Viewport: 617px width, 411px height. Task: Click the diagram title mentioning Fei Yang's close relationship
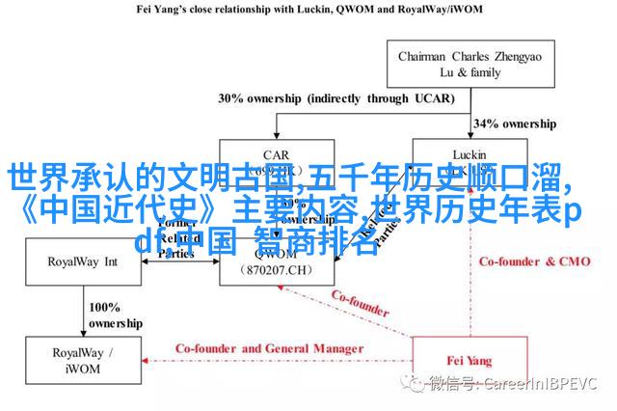tap(308, 11)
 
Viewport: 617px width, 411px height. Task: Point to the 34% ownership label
tap(515, 123)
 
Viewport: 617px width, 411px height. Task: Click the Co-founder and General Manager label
tap(269, 348)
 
